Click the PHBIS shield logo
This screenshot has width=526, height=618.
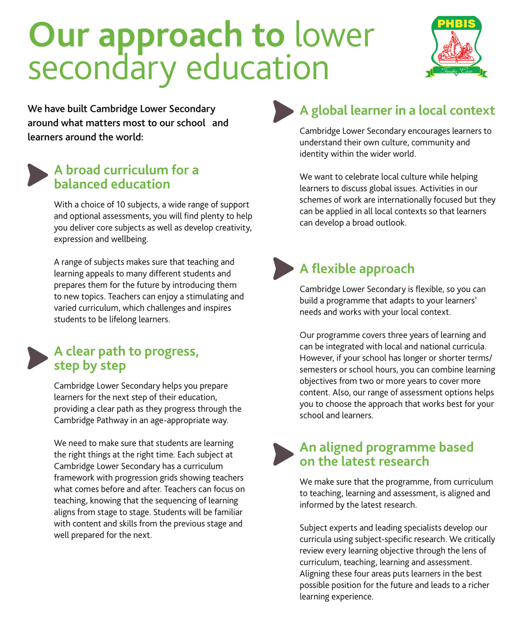[456, 43]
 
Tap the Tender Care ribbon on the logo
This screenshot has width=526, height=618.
[456, 71]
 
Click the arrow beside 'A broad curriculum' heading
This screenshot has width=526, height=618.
[37, 175]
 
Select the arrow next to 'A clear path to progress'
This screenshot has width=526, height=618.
[37, 358]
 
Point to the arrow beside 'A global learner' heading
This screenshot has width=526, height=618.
[283, 111]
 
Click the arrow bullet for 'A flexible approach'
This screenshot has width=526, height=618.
[283, 268]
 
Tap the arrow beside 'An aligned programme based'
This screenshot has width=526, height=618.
[283, 454]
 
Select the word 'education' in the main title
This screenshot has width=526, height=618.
[257, 68]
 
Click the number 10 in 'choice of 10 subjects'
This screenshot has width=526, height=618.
[121, 205]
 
